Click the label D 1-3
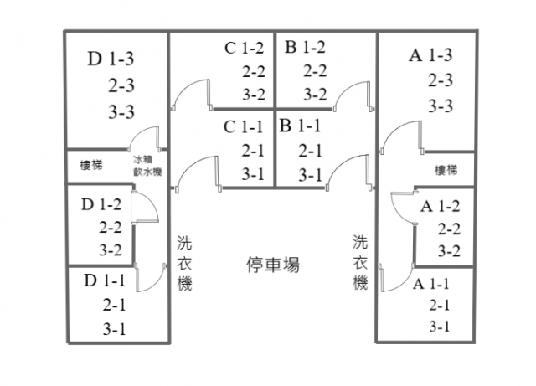point(111,59)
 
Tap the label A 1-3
point(431,56)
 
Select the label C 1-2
point(244,48)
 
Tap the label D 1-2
point(102,204)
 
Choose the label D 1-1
point(105,280)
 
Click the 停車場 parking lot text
point(273,265)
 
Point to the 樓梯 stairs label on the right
point(446,170)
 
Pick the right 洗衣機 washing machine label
point(360,262)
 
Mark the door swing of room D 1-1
point(151,275)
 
